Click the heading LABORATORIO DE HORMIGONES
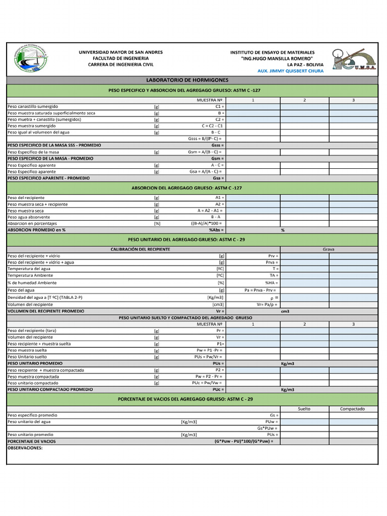click(187, 80)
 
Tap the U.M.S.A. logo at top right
click(354, 59)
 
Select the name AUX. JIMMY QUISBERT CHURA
click(290, 71)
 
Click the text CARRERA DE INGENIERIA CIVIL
click(120, 64)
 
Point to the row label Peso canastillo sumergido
click(33, 107)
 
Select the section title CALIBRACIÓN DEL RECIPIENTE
click(140, 249)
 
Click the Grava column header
click(329, 249)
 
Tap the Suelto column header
click(304, 409)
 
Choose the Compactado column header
click(352, 409)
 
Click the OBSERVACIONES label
click(25, 447)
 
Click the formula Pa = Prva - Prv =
click(260, 290)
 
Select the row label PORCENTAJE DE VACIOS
click(31, 441)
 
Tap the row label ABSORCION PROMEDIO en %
click(36, 230)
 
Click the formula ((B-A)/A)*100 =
click(206, 223)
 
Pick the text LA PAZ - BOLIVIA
click(305, 64)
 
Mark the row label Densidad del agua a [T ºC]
click(45, 297)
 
